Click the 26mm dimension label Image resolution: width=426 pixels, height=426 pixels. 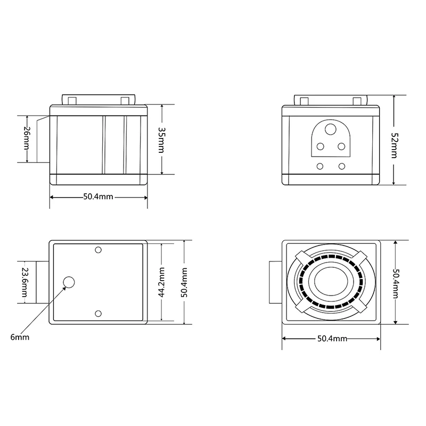pyautogui.click(x=27, y=138)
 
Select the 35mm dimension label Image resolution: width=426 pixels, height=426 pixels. pyautogui.click(x=161, y=140)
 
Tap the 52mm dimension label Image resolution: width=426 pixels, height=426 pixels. pyautogui.click(x=394, y=145)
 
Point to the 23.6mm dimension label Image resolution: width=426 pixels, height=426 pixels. pyautogui.click(x=24, y=282)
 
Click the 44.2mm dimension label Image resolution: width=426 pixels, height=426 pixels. pyautogui.click(x=161, y=282)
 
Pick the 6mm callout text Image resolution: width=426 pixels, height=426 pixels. pyautogui.click(x=20, y=337)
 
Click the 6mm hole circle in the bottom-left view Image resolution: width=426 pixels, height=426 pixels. pyautogui.click(x=69, y=282)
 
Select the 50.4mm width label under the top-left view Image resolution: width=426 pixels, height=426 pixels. pyautogui.click(x=98, y=196)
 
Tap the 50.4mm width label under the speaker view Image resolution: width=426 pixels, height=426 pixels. pyautogui.click(x=332, y=339)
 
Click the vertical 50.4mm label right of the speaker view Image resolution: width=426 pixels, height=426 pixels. pyautogui.click(x=396, y=284)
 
